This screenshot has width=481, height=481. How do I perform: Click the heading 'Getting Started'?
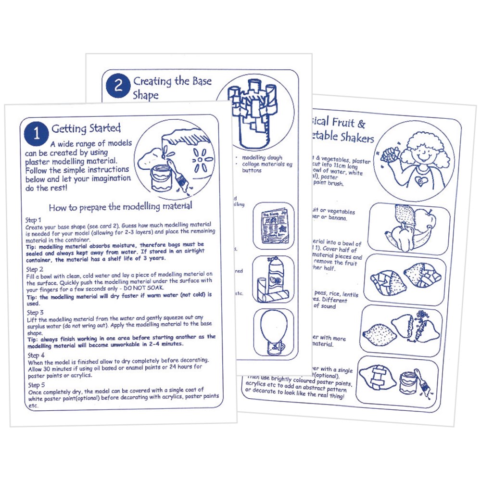pyautogui.click(x=86, y=129)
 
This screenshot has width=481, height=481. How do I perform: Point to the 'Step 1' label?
pyautogui.click(x=34, y=219)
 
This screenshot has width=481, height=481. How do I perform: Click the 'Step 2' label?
pyautogui.click(x=34, y=269)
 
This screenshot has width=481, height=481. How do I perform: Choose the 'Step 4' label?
pyautogui.click(x=34, y=355)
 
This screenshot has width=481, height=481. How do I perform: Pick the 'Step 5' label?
pyautogui.click(x=34, y=385)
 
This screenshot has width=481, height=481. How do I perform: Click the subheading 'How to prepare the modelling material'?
pyautogui.click(x=121, y=207)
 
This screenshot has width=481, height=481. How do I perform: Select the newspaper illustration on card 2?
pyautogui.click(x=272, y=225)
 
